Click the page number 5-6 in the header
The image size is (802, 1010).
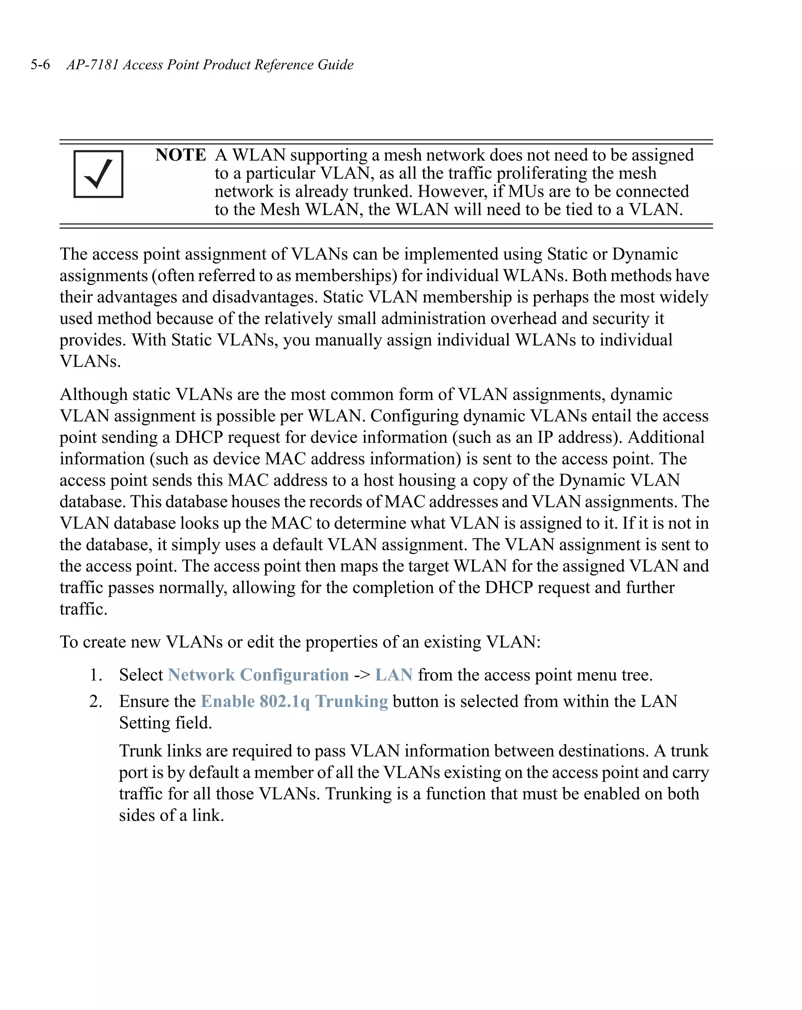point(40,65)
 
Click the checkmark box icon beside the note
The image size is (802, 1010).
point(98,174)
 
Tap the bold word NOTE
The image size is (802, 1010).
point(181,155)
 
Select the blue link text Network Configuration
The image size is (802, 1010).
point(258,675)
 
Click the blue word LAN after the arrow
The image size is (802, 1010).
point(394,675)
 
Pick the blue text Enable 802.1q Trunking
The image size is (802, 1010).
point(294,701)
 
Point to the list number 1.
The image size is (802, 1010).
point(96,675)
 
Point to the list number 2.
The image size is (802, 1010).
point(96,701)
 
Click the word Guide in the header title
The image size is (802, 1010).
point(336,65)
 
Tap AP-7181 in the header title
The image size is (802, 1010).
point(92,65)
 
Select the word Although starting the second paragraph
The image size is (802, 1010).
point(93,394)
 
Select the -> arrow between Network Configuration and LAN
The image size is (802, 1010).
point(362,676)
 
